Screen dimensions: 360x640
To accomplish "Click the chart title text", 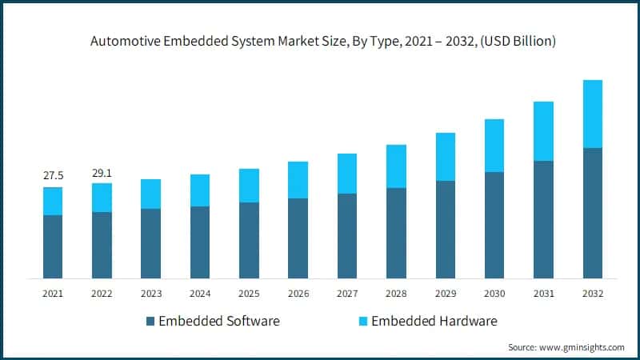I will coord(320,41).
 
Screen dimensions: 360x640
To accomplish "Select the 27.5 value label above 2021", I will coord(53,174).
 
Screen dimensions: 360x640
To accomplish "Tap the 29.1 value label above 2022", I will coord(102,171).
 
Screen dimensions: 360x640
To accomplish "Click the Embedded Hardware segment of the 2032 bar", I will coord(592,114).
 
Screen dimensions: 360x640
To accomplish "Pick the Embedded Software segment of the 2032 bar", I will coord(592,213).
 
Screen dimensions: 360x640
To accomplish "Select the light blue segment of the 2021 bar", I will coord(53,201).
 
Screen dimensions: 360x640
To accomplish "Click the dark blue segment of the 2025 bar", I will coord(249,240).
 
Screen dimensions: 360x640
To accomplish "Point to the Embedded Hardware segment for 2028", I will coord(396,166).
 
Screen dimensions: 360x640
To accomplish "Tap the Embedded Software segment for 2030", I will coord(494,225).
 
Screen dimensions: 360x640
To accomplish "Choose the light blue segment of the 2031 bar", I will coord(543,131).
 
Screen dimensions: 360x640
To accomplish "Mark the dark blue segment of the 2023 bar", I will coord(150,243).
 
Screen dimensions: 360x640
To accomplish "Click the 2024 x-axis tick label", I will coord(199,294).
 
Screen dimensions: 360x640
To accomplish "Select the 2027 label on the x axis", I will coord(346,294).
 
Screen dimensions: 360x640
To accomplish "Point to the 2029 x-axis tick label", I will coord(445,294).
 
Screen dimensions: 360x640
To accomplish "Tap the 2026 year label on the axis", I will coord(298,294).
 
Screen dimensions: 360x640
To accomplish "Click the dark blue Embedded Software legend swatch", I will coord(150,322).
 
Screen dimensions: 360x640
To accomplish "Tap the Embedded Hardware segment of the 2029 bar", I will coord(445,157).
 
